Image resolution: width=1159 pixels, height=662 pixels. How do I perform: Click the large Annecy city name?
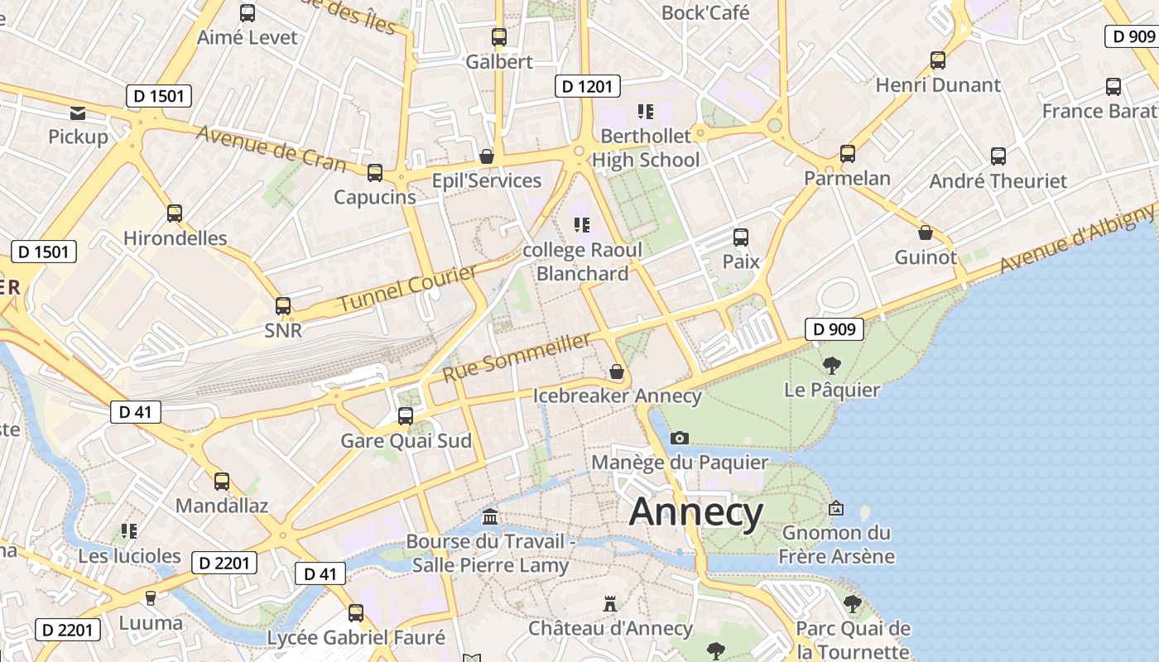(695, 513)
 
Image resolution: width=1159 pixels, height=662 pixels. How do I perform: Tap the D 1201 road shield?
(587, 86)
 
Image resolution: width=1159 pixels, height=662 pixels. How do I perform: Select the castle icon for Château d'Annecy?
(610, 604)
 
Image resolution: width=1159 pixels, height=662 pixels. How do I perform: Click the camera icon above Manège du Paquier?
(680, 438)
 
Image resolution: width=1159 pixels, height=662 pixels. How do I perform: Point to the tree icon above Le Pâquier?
(831, 365)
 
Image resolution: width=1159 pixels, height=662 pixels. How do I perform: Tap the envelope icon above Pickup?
(78, 113)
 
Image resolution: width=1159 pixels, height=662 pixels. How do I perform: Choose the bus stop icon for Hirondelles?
(175, 213)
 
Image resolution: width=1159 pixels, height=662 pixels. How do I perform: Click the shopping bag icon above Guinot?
(926, 233)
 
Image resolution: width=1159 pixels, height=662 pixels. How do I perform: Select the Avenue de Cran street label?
(271, 147)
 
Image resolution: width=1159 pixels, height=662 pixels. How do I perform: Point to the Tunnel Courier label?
(408, 289)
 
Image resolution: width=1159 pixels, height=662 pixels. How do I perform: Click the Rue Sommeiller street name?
(517, 357)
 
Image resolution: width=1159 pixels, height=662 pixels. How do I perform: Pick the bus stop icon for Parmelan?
(848, 154)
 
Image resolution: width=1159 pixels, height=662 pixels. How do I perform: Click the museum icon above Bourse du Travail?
(490, 517)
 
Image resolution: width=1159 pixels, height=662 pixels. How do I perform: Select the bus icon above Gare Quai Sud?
(406, 416)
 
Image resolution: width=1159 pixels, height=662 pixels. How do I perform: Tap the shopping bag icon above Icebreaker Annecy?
(617, 372)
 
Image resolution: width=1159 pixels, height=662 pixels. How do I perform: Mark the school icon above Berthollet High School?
(646, 111)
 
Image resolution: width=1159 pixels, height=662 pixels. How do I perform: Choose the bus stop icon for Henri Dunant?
(938, 60)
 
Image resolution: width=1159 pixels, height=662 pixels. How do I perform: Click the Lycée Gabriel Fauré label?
(356, 638)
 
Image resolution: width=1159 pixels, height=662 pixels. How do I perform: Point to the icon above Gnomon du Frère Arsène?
(836, 508)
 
